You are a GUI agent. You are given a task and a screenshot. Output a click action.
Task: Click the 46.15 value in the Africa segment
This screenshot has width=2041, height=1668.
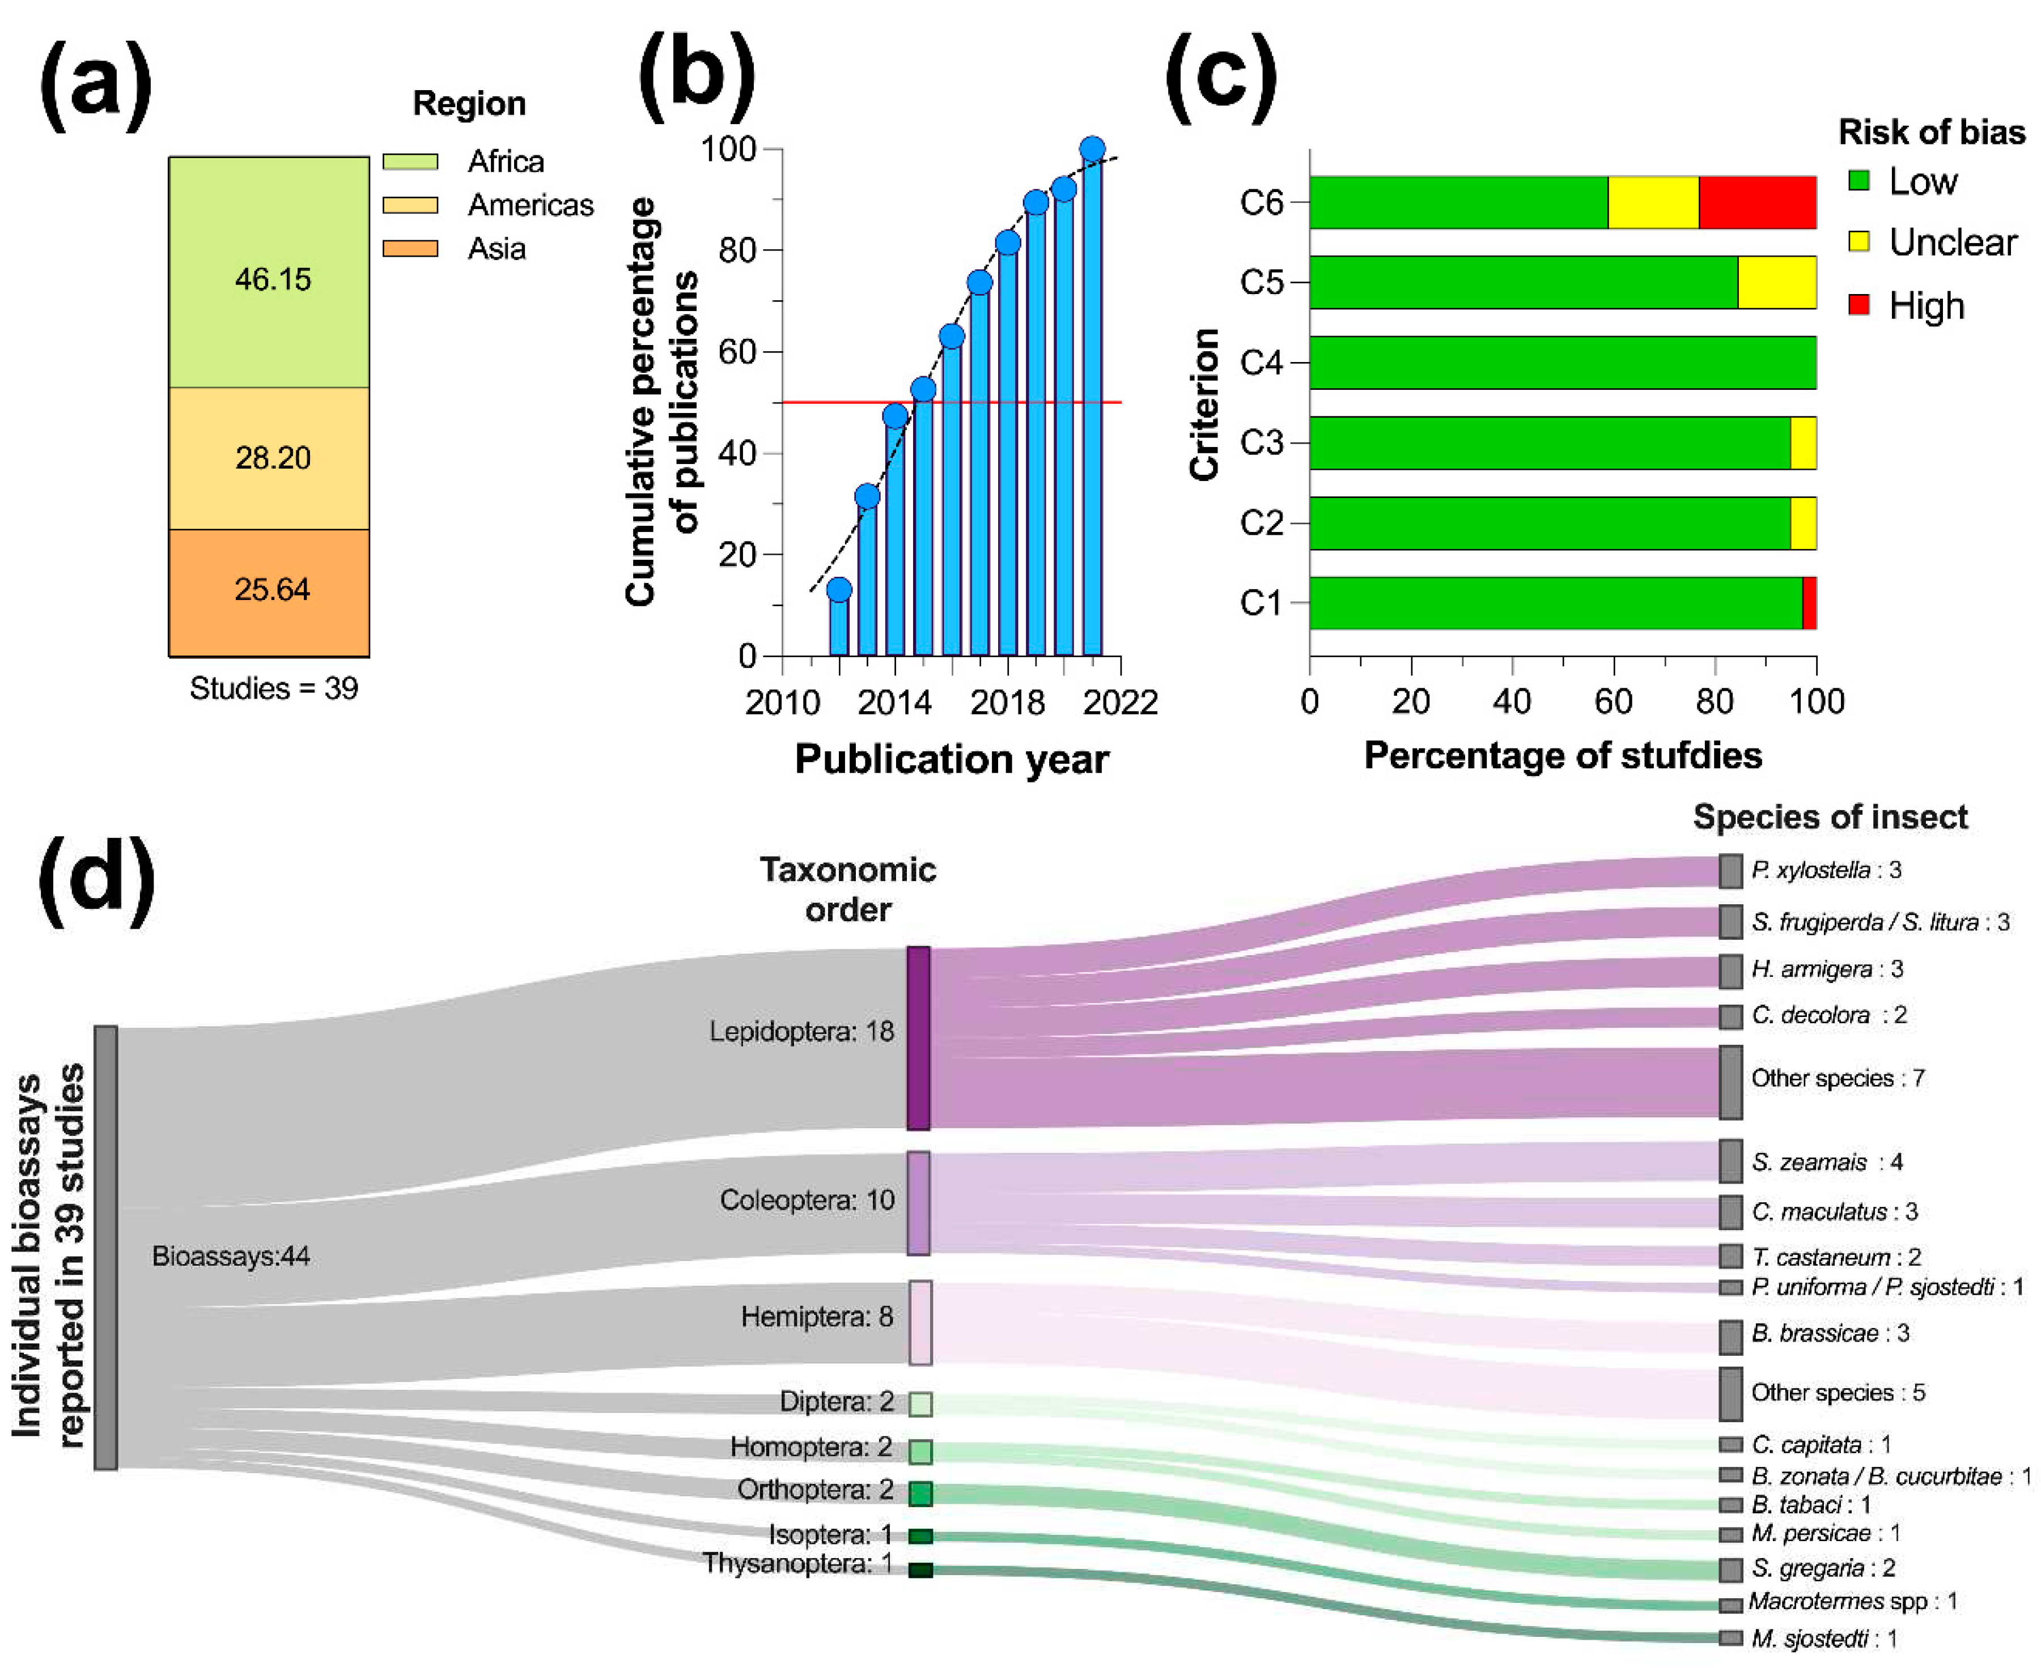coord(273,279)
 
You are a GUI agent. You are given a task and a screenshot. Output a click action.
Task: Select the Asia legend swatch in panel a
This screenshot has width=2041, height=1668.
coord(410,249)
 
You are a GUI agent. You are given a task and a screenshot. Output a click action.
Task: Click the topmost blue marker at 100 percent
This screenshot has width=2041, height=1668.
coord(1092,149)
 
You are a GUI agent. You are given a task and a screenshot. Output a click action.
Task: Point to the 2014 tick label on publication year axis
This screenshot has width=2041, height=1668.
coord(894,703)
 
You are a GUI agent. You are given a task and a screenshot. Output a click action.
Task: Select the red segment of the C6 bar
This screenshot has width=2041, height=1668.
coord(1756,203)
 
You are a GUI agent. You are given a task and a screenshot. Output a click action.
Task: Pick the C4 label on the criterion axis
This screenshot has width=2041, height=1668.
coord(1261,363)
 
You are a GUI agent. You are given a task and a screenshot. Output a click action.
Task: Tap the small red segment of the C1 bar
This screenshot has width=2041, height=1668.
coord(1809,603)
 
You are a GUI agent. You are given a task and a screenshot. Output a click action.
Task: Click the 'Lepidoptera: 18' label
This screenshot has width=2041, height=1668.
coord(801,1032)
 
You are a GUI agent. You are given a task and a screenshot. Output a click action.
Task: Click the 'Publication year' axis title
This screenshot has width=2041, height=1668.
coord(951,759)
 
